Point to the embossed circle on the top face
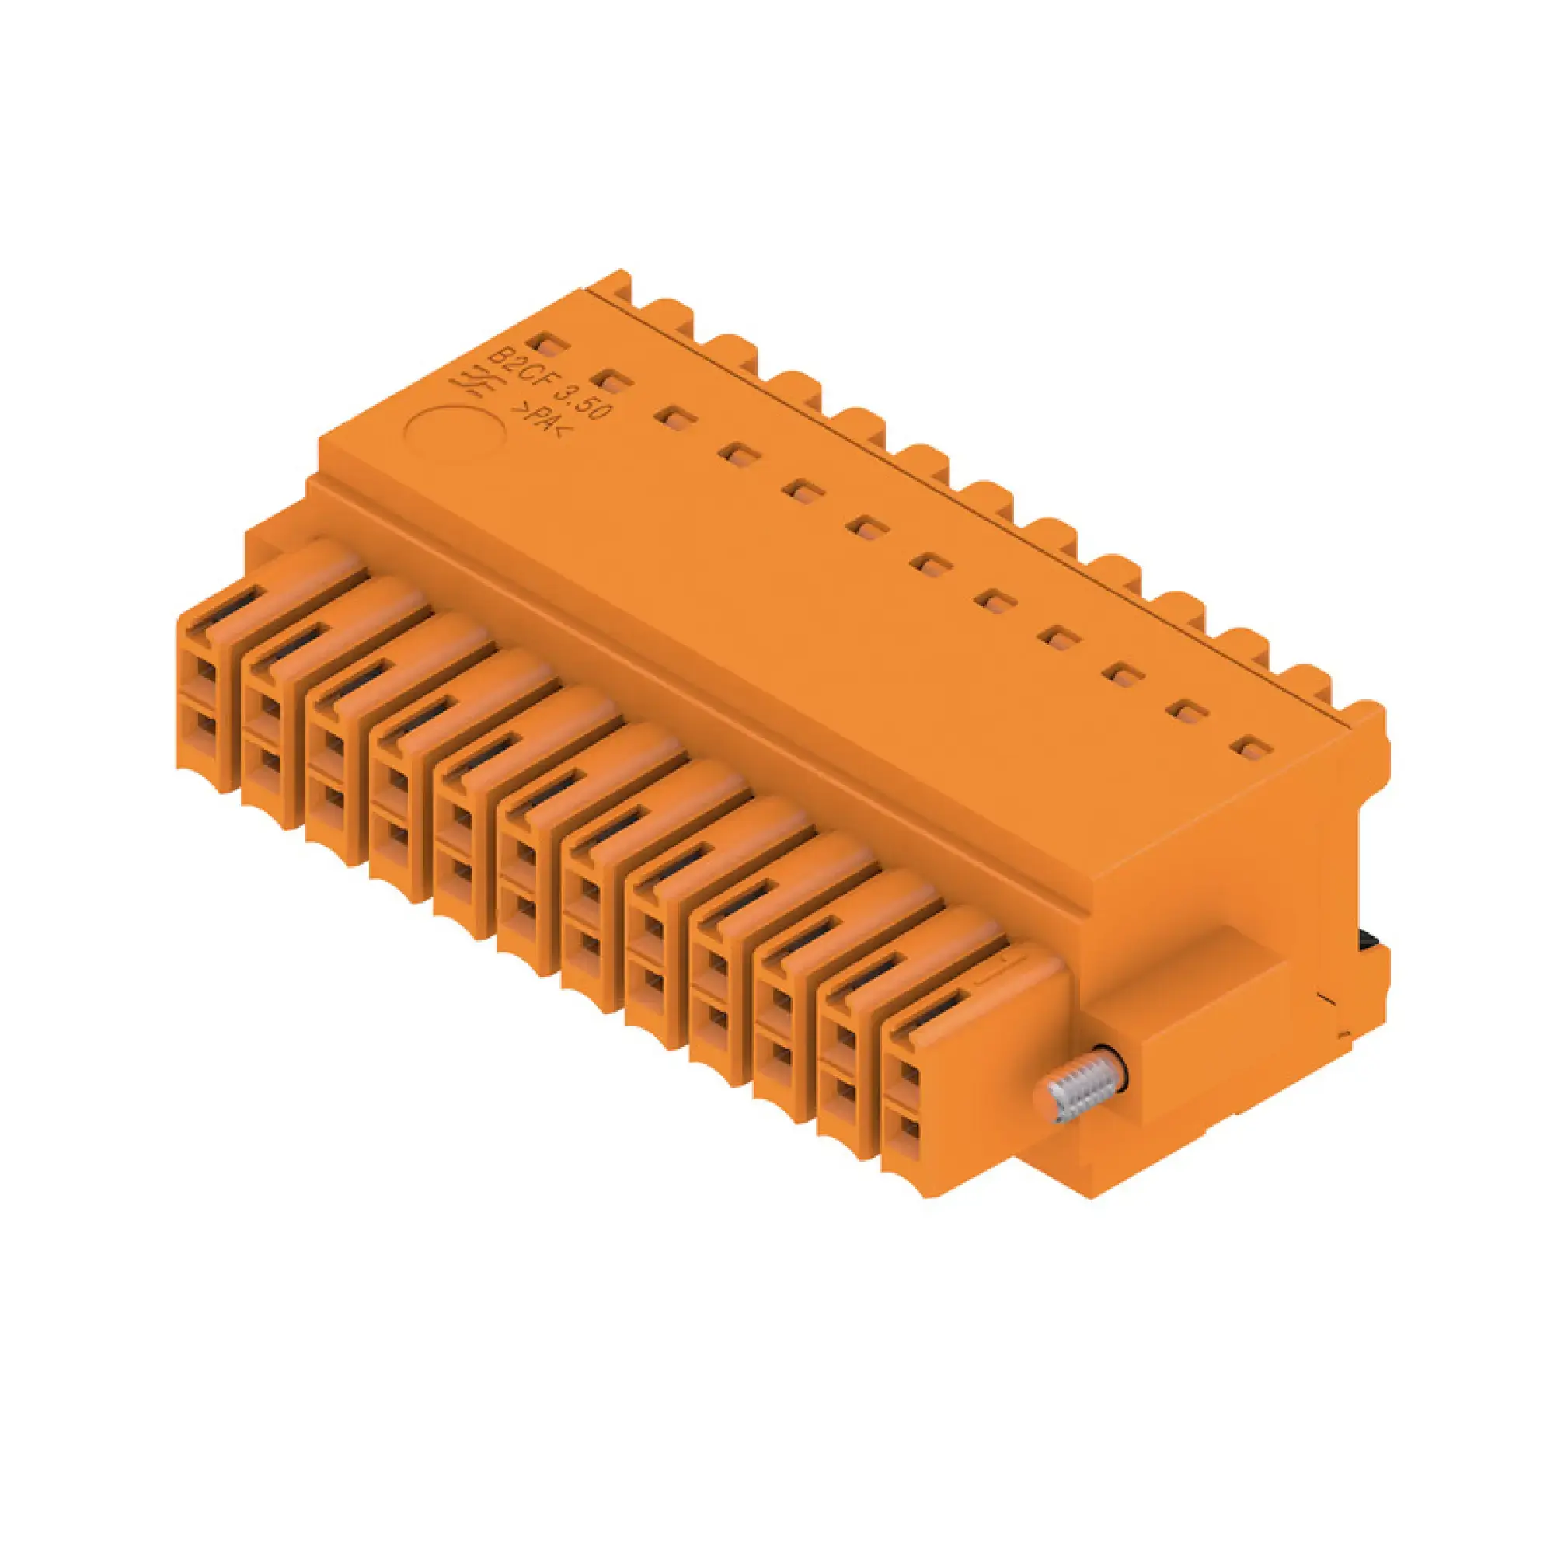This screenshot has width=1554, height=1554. click(456, 433)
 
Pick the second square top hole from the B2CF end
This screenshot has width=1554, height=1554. click(612, 380)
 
